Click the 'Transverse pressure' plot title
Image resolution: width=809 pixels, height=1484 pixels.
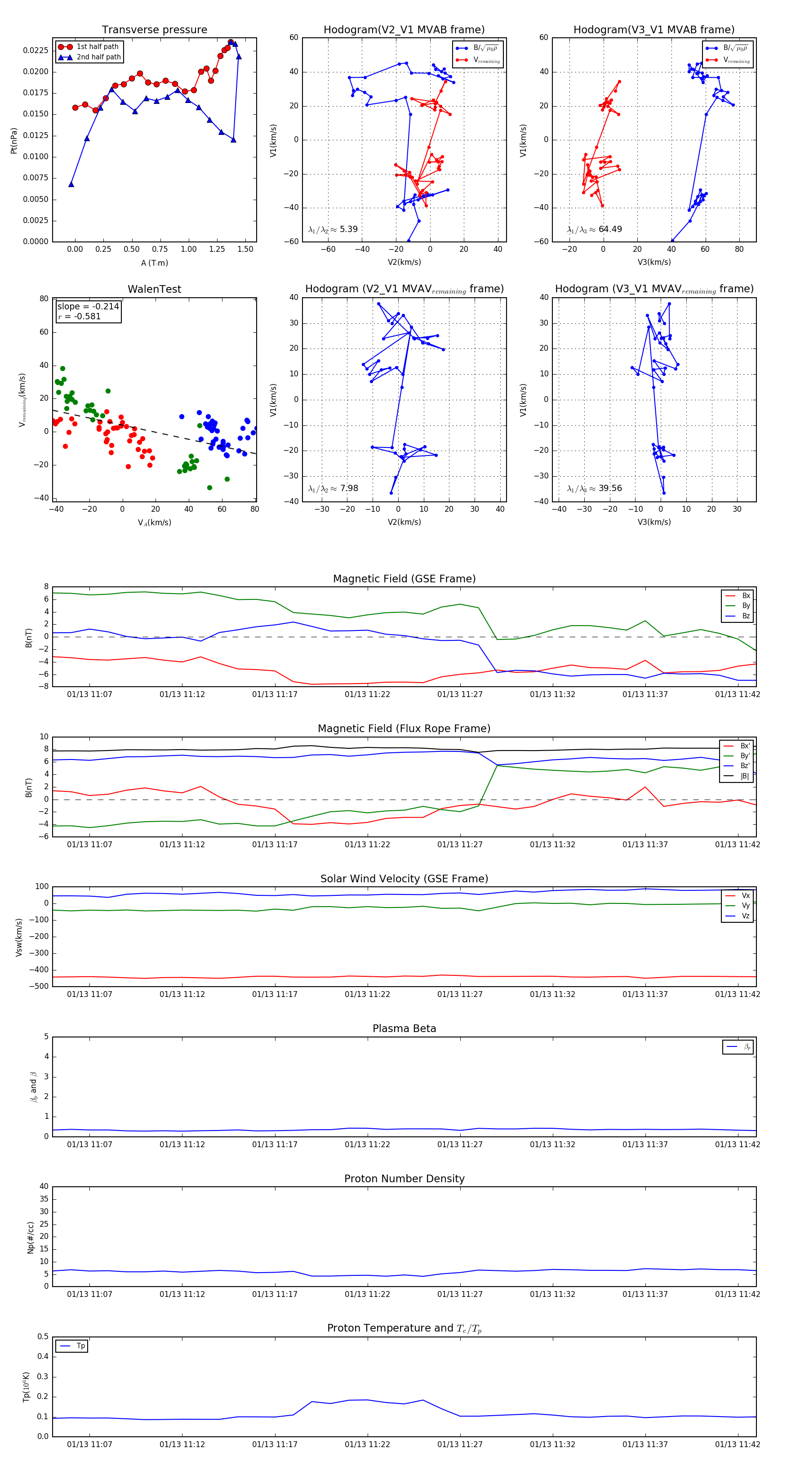154,30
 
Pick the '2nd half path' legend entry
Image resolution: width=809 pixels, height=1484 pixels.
98,57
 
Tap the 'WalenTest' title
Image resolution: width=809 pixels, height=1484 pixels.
154,289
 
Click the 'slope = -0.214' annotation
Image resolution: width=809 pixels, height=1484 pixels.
88,307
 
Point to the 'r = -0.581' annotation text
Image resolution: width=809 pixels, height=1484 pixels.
80,316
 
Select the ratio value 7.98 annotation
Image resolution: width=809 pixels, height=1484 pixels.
349,488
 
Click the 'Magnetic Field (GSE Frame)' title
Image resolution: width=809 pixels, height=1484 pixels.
404,579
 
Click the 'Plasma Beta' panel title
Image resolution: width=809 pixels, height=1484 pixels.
404,1029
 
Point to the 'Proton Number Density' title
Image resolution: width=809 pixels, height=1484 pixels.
404,1179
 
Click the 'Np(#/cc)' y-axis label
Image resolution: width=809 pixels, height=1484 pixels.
31,1238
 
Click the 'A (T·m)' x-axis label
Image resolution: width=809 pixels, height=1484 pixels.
154,263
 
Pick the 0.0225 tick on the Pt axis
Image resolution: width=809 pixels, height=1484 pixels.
36,51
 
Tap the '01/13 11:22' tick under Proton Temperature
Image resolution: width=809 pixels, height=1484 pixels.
367,1444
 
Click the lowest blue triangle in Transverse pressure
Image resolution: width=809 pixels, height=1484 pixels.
71,184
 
